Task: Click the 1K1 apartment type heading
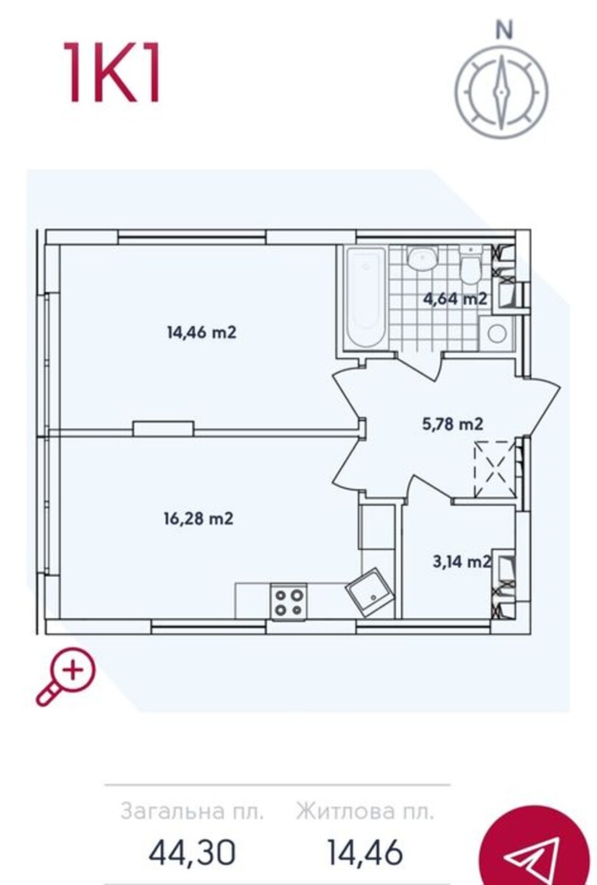click(x=112, y=72)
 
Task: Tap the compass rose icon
click(x=502, y=92)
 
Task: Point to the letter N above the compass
click(x=503, y=30)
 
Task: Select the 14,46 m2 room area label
click(x=202, y=332)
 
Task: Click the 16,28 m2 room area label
click(x=198, y=518)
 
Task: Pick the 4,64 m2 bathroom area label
click(x=455, y=299)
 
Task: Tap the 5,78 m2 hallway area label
click(x=453, y=424)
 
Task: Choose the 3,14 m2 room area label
click(x=462, y=561)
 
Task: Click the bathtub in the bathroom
click(x=366, y=298)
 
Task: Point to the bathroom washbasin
click(x=423, y=258)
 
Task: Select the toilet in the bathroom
click(x=470, y=264)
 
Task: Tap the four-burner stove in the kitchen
click(x=288, y=602)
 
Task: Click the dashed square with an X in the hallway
click(x=495, y=469)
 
